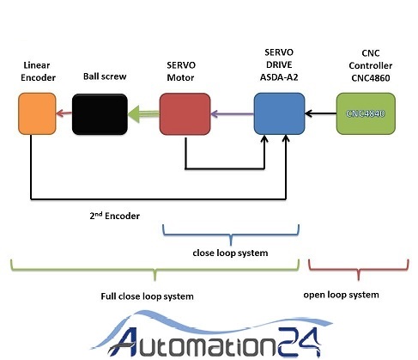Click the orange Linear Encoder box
37,113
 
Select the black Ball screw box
100,114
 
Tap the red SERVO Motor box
185,114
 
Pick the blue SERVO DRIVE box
279,113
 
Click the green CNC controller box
366,113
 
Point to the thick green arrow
143,114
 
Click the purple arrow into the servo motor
233,114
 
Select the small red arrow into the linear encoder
64,113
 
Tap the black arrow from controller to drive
321,113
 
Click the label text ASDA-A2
279,77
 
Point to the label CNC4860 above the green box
371,78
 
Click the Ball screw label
105,76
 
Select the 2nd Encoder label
115,216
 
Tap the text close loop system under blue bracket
230,253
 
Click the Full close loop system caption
147,296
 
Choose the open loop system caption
342,295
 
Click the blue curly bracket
231,235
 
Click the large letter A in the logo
123,342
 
